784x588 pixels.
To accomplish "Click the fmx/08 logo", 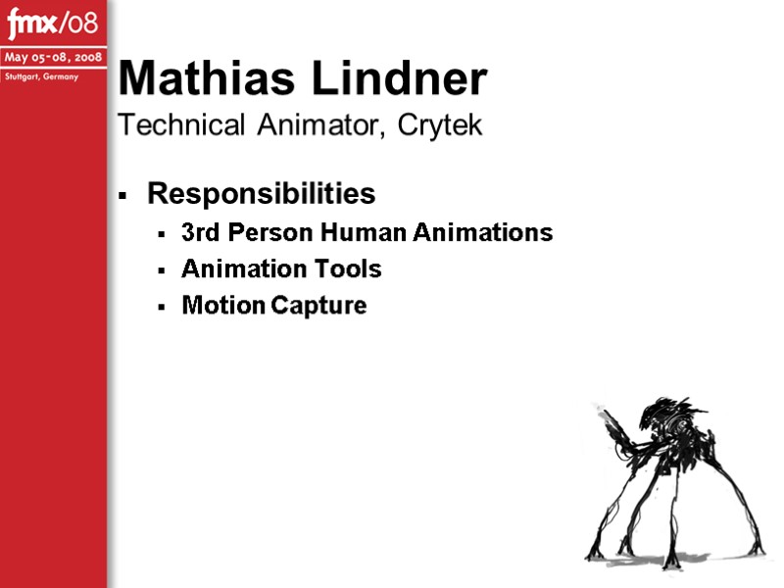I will pyautogui.click(x=53, y=21).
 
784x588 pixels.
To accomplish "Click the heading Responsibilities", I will pyautogui.click(x=261, y=194).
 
